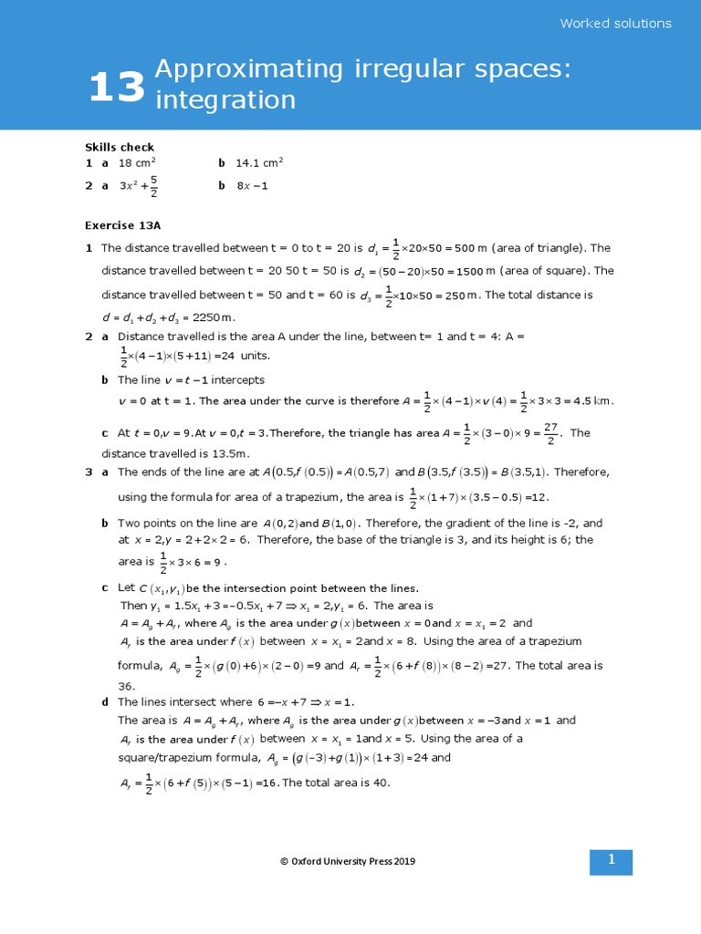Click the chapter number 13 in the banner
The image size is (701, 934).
117,88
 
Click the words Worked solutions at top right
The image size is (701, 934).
615,24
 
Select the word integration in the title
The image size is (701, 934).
225,99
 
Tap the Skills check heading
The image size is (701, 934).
120,147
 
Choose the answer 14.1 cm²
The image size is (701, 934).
259,163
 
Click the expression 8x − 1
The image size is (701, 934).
252,186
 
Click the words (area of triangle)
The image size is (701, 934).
541,248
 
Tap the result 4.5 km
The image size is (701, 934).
591,400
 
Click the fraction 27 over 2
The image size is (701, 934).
550,433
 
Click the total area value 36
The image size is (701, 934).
127,686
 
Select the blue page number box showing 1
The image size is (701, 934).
611,860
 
